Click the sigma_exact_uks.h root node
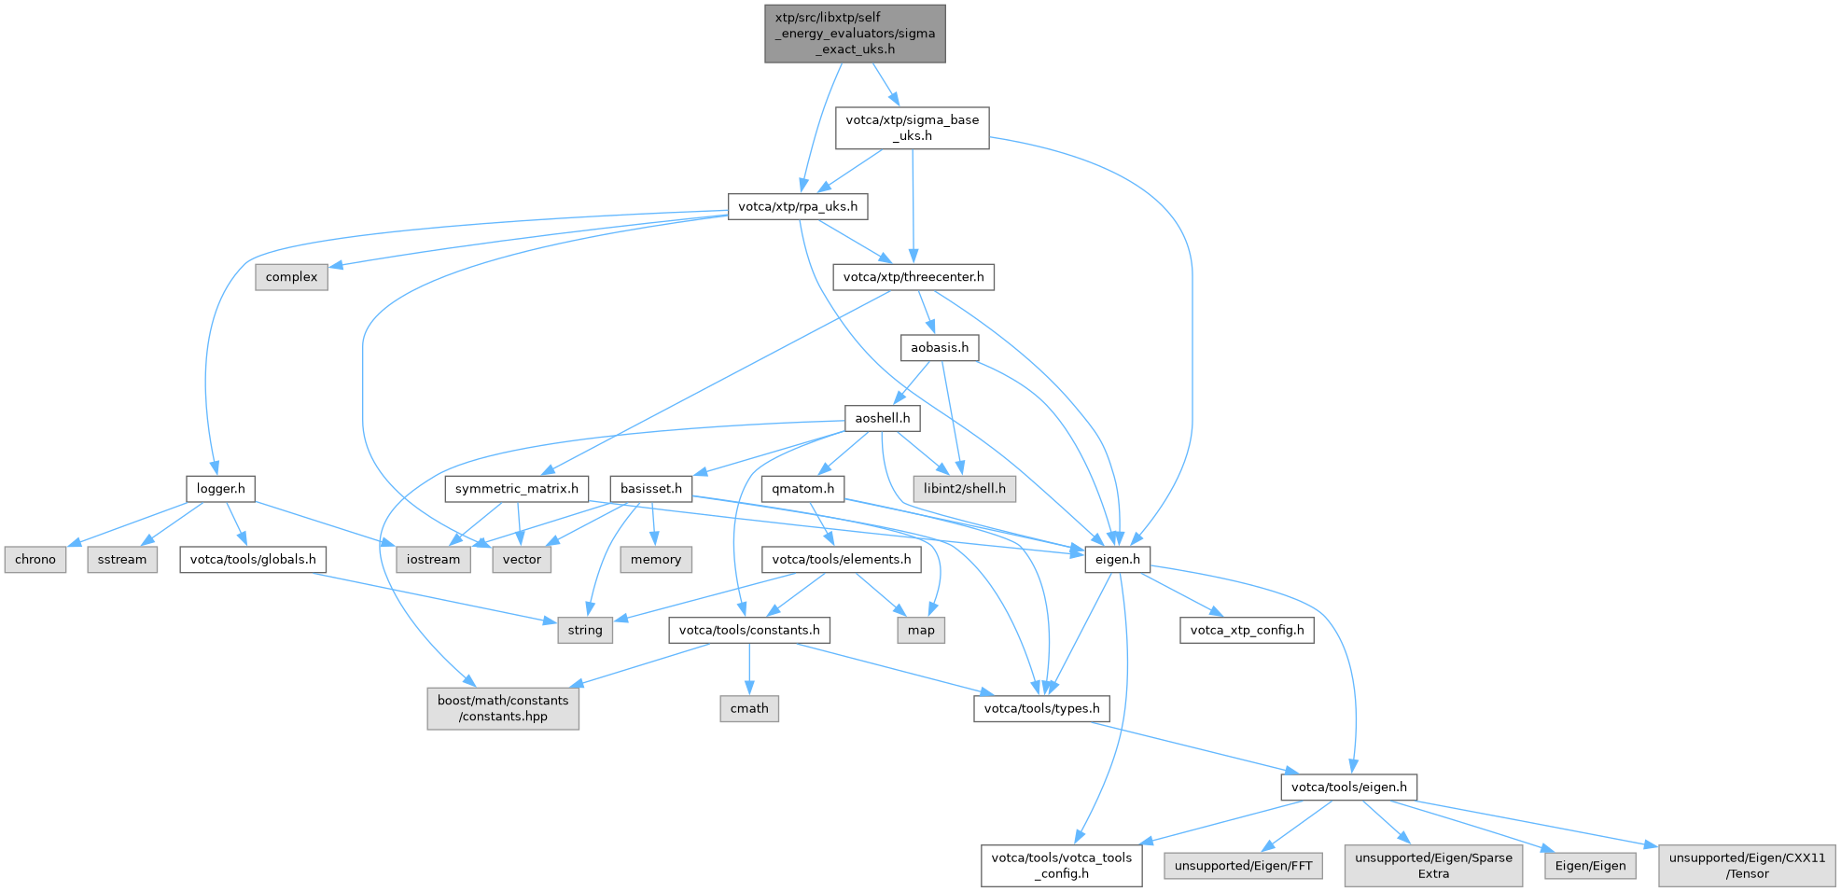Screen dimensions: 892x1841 pos(855,34)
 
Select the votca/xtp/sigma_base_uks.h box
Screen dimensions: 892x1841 pos(912,128)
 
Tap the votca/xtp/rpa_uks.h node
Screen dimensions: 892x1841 pos(797,206)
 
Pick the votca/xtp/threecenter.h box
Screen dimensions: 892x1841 pos(913,277)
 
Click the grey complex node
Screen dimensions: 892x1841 pos(291,277)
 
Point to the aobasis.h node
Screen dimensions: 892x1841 pos(939,348)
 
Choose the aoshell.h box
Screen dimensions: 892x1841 pos(882,418)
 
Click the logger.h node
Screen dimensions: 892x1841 pos(220,489)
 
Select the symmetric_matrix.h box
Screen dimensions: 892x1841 pos(516,489)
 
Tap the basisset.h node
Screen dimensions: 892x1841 pos(650,489)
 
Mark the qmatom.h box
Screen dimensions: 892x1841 pos(802,489)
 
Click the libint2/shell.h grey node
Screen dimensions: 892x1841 pos(964,489)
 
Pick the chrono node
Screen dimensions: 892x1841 pos(35,560)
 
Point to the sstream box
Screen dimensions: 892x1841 pos(122,560)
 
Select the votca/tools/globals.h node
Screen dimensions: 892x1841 pos(253,560)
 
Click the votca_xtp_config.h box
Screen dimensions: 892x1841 pos(1247,631)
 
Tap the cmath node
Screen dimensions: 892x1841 pos(749,709)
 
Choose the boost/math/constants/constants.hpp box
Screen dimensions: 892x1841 pos(503,709)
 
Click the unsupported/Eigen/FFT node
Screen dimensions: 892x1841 pos(1243,866)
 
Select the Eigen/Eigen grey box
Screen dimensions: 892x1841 pos(1590,866)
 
